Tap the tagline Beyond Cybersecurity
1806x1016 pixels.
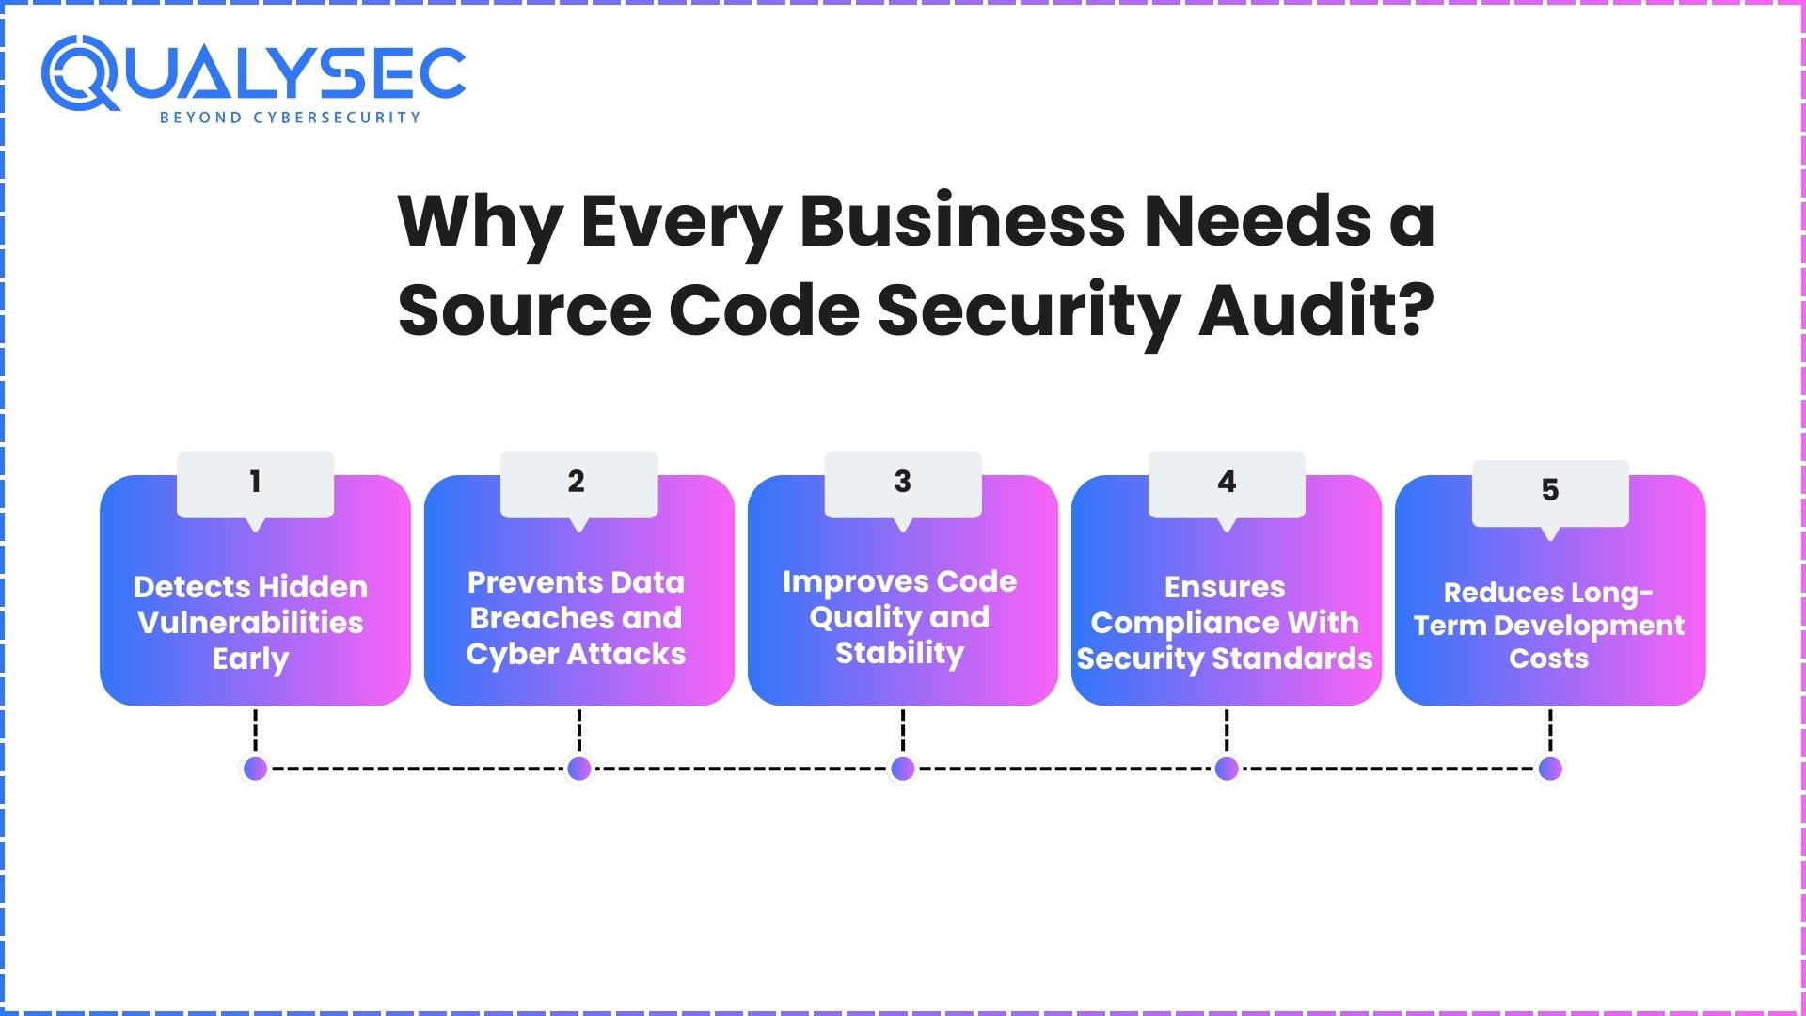click(290, 118)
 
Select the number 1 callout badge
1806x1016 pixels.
click(255, 483)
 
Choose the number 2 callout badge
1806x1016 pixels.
click(578, 483)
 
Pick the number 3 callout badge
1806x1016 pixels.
click(902, 483)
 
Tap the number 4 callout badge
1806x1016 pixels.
click(1226, 483)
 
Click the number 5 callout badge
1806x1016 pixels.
click(1549, 491)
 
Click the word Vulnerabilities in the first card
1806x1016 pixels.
click(250, 623)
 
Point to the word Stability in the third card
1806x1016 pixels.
click(900, 653)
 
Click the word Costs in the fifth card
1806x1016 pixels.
click(1548, 659)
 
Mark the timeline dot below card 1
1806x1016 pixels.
click(255, 769)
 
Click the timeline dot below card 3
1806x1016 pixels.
click(902, 769)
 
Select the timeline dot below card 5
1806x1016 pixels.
click(1549, 769)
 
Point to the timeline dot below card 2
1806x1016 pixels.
click(578, 769)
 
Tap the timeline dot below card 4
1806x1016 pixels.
click(1226, 769)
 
